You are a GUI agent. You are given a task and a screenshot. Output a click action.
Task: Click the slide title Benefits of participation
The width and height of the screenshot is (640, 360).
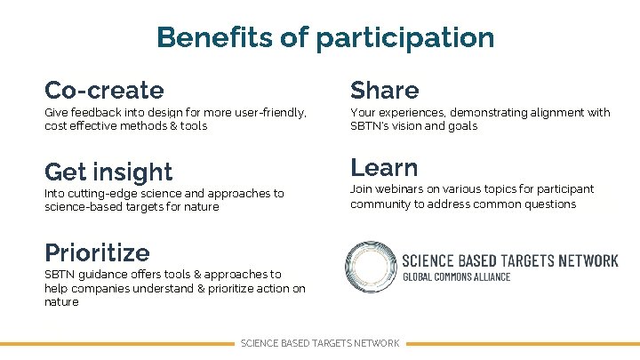point(324,38)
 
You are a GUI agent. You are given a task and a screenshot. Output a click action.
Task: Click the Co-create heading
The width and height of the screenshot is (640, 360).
point(104,90)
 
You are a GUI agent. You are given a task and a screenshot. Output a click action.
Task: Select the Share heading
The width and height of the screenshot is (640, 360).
point(384,90)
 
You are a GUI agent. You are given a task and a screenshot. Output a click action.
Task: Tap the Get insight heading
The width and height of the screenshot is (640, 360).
point(108,172)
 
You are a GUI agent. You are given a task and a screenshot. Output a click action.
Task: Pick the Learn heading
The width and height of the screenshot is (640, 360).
point(384,167)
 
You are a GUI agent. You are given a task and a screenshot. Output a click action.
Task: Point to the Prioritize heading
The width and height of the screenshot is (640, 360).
point(97,252)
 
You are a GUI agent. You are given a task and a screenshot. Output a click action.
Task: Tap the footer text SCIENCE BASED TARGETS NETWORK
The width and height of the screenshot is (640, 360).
point(320,343)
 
